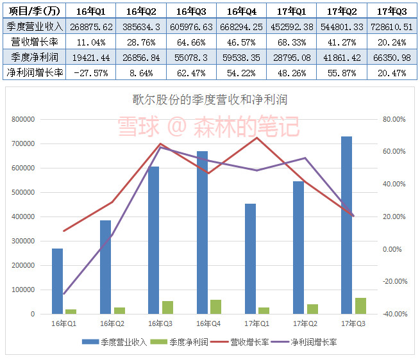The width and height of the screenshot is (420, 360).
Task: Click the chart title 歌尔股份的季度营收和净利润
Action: tap(208, 100)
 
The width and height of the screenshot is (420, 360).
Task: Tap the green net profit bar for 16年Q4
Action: tap(215, 307)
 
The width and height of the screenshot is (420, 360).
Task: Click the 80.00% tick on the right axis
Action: tap(393, 119)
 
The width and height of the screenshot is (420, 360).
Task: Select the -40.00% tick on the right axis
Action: tap(392, 314)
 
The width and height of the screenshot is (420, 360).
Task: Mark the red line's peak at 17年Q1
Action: tap(257, 138)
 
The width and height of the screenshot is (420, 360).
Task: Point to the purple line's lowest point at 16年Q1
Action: tap(63, 293)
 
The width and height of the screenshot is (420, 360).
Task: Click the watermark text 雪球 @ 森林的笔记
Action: tap(208, 126)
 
